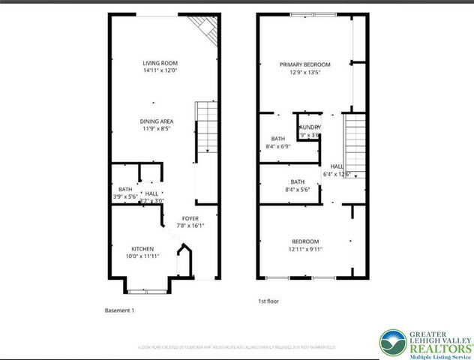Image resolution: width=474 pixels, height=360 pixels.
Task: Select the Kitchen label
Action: [x=142, y=248]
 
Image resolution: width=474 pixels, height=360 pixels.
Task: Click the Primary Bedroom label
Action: [x=305, y=64]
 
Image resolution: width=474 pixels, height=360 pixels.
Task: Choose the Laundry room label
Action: [x=310, y=127]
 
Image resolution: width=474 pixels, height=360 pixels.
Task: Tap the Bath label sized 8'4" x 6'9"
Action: [x=278, y=139]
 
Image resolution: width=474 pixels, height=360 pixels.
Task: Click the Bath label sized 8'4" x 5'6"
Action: [x=298, y=181]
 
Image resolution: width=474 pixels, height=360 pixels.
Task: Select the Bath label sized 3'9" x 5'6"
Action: [x=125, y=189]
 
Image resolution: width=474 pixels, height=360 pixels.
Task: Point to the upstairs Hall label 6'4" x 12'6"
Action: [x=337, y=166]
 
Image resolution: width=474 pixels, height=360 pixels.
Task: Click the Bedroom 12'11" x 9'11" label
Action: [x=305, y=241]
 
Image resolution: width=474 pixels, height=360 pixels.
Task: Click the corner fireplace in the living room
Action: [x=204, y=30]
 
